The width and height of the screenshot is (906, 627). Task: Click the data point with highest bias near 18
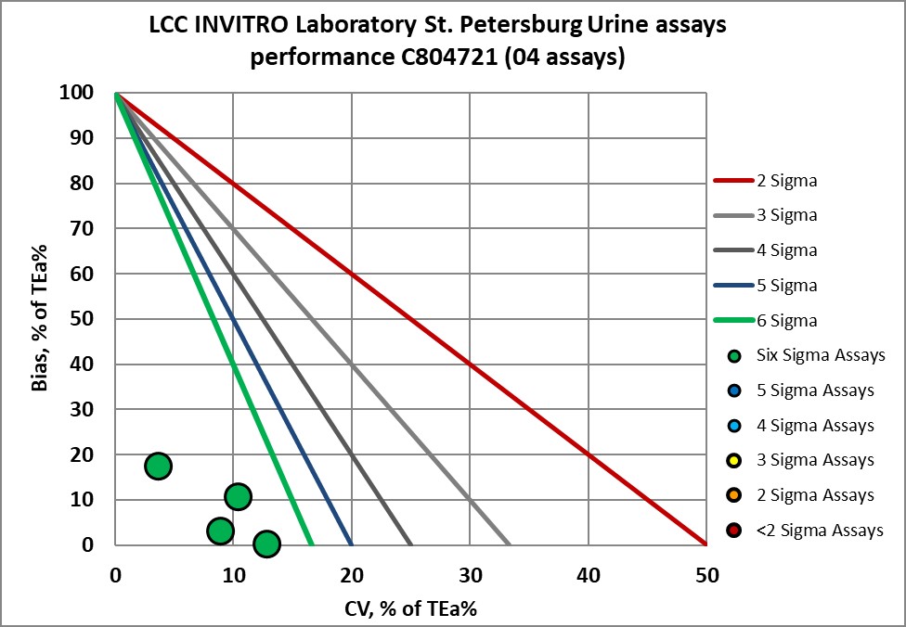158,466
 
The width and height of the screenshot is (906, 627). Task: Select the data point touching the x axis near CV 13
266,544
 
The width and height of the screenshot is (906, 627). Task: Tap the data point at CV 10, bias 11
238,497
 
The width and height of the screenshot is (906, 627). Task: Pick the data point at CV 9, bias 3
220,531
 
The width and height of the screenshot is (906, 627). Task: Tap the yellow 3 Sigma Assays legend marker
735,461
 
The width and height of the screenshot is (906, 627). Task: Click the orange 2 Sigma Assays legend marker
735,495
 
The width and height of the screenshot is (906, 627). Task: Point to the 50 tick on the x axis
706,575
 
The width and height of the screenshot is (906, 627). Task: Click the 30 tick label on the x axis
470,575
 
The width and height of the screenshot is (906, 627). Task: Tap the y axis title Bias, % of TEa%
39,318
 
